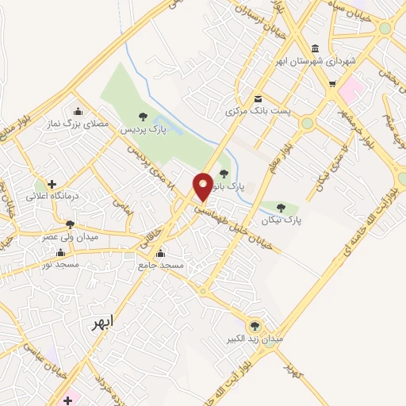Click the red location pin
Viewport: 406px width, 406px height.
[x=203, y=186]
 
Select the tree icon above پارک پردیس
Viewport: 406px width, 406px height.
[x=143, y=117]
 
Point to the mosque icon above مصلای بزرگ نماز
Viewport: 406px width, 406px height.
[x=78, y=110]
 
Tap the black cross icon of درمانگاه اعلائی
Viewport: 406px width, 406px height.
[x=52, y=184]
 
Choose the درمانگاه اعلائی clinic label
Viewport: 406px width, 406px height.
[x=51, y=196]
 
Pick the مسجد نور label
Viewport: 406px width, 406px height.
[x=61, y=262]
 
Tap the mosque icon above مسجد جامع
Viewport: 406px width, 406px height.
[x=161, y=254]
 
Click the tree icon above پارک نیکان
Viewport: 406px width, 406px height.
[x=281, y=208]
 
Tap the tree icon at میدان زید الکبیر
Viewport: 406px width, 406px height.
[x=255, y=325]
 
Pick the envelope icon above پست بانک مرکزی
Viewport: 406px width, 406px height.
[x=259, y=99]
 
